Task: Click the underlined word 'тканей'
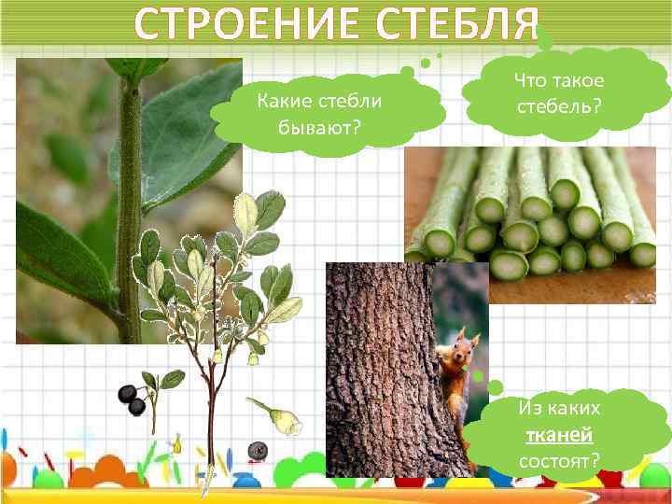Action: (559, 434)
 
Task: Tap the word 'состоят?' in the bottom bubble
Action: (559, 459)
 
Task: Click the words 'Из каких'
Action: (559, 409)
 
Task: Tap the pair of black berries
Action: (133, 399)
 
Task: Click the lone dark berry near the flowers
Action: (259, 452)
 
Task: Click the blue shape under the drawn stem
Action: (245, 481)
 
